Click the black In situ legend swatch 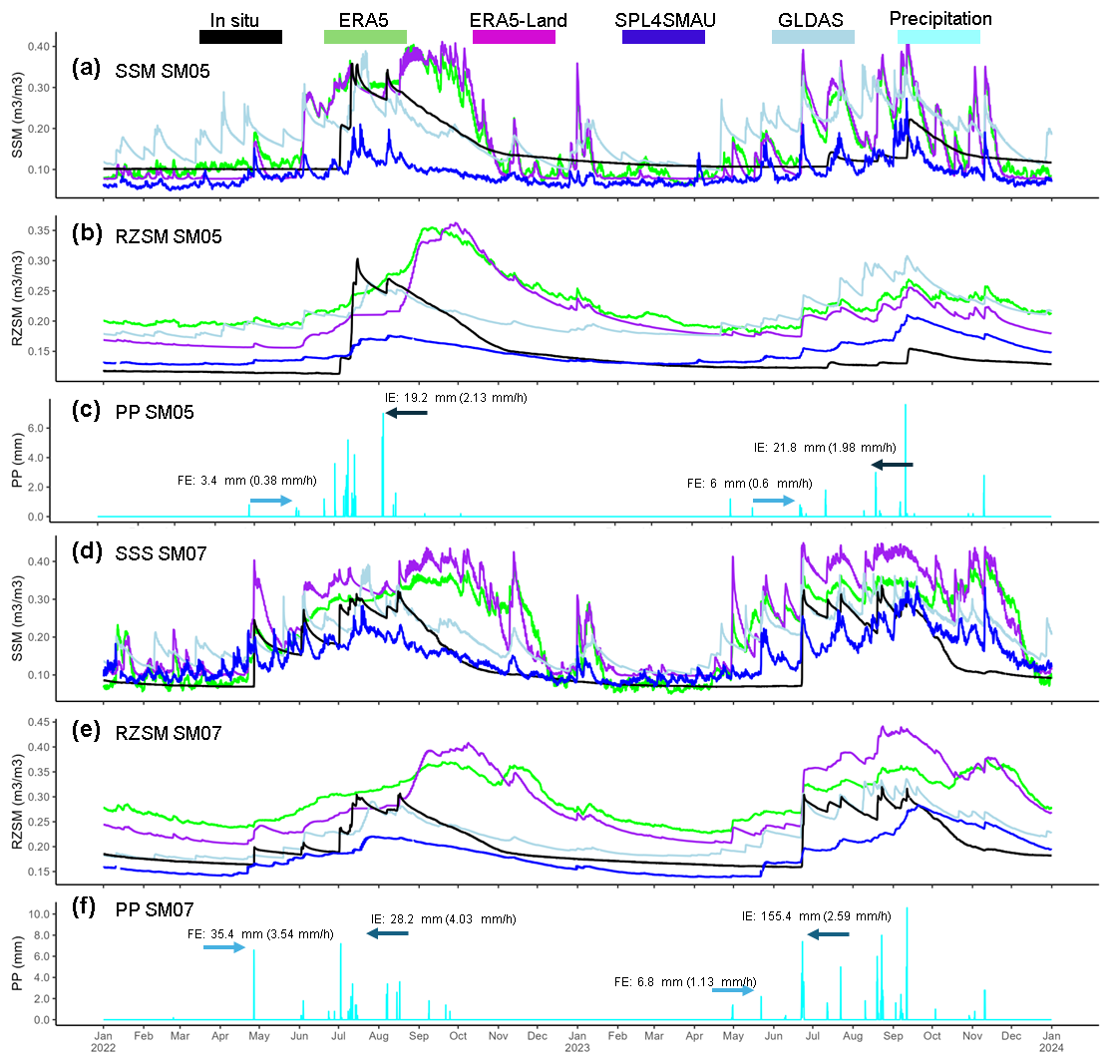click(240, 37)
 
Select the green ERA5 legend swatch click(365, 37)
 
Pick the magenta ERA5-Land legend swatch click(514, 37)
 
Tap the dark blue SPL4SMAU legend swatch click(663, 37)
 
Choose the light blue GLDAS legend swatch click(813, 37)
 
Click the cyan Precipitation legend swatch click(938, 37)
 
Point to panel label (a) click(87, 69)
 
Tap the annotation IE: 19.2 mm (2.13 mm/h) click(449, 397)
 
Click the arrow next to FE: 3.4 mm click(270, 500)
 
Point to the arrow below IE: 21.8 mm click(892, 465)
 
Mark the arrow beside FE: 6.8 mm click(733, 991)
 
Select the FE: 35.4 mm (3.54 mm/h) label click(260, 933)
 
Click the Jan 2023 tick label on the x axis click(577, 1043)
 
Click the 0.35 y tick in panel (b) click(36, 230)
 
